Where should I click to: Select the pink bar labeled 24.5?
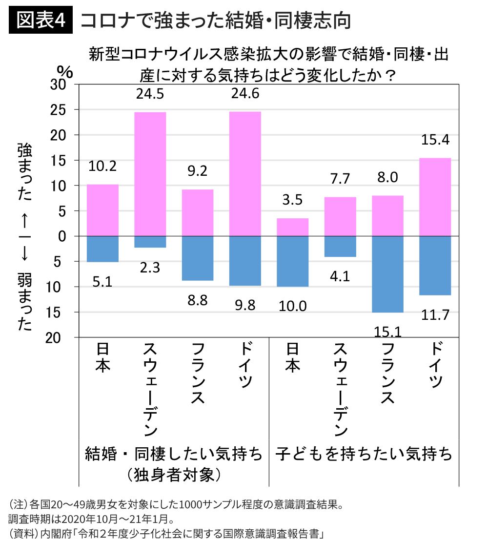tap(150, 174)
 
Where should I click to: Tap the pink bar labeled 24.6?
tap(245, 174)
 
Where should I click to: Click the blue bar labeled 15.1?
tap(387, 274)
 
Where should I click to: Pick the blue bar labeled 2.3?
tap(150, 242)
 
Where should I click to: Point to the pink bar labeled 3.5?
tap(293, 227)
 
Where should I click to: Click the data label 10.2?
tap(102, 166)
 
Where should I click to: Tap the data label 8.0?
tap(387, 178)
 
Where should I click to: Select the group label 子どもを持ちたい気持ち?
tap(364, 454)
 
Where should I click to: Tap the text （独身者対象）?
tap(173, 474)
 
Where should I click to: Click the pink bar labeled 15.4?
tap(435, 197)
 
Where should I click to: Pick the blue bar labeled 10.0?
tap(293, 261)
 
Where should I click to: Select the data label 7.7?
tap(340, 179)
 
